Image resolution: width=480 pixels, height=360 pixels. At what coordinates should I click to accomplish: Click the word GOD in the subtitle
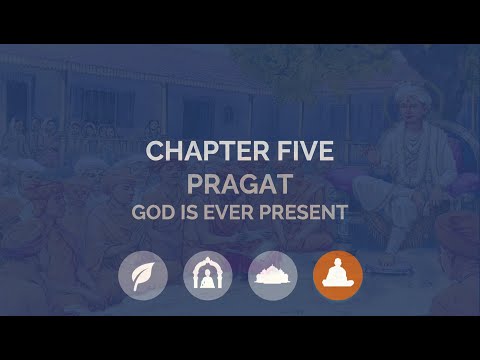[x=152, y=212]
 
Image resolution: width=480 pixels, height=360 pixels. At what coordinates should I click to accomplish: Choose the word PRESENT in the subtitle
[x=304, y=212]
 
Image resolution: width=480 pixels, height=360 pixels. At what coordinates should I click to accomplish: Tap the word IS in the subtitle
[x=190, y=212]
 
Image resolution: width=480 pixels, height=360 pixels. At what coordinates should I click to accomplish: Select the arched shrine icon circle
[x=207, y=274]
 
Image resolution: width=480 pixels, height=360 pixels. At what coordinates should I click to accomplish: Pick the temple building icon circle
[x=272, y=274]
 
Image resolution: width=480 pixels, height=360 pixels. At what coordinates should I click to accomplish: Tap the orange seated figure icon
[x=338, y=274]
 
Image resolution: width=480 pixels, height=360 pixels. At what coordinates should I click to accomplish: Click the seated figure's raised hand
[x=385, y=160]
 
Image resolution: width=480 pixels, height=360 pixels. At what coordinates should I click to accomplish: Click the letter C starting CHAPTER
[x=155, y=153]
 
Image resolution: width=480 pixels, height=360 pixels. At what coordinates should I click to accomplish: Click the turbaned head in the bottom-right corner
[x=454, y=240]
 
